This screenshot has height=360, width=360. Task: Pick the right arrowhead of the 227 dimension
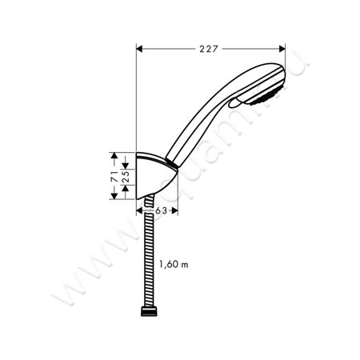coord(282,46)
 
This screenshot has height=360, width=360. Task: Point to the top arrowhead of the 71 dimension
coord(114,157)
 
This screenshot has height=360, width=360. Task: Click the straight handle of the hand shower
coord(196,128)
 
